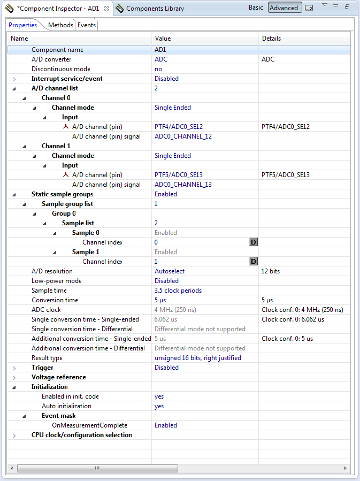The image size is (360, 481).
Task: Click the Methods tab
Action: pyautogui.click(x=60, y=25)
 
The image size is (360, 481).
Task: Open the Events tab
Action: pyautogui.click(x=87, y=25)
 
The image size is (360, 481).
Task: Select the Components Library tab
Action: pyautogui.click(x=155, y=9)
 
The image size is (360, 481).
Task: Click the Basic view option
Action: pyautogui.click(x=256, y=7)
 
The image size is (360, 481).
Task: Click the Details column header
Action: pyautogui.click(x=271, y=39)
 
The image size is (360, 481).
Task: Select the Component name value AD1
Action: pyautogui.click(x=160, y=50)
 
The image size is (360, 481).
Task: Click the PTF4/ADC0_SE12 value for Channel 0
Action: pyautogui.click(x=179, y=127)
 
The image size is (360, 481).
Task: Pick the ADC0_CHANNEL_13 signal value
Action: pyautogui.click(x=183, y=185)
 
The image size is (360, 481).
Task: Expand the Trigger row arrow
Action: pyautogui.click(x=14, y=368)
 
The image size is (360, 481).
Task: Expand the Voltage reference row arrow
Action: pyautogui.click(x=14, y=378)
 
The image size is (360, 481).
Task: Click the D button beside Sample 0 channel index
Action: pyautogui.click(x=254, y=242)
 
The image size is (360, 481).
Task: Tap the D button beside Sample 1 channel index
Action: pyautogui.click(x=254, y=262)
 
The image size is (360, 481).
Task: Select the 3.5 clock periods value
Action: pyautogui.click(x=178, y=291)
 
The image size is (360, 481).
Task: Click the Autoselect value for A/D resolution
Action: pyautogui.click(x=170, y=271)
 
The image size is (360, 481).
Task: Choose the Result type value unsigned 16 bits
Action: pyautogui.click(x=198, y=358)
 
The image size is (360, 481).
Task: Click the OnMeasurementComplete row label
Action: pyautogui.click(x=89, y=425)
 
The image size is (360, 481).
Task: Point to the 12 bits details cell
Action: pyautogui.click(x=271, y=271)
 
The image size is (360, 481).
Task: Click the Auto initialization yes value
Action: pyautogui.click(x=159, y=406)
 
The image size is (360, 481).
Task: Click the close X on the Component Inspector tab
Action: pyautogui.click(x=106, y=9)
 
